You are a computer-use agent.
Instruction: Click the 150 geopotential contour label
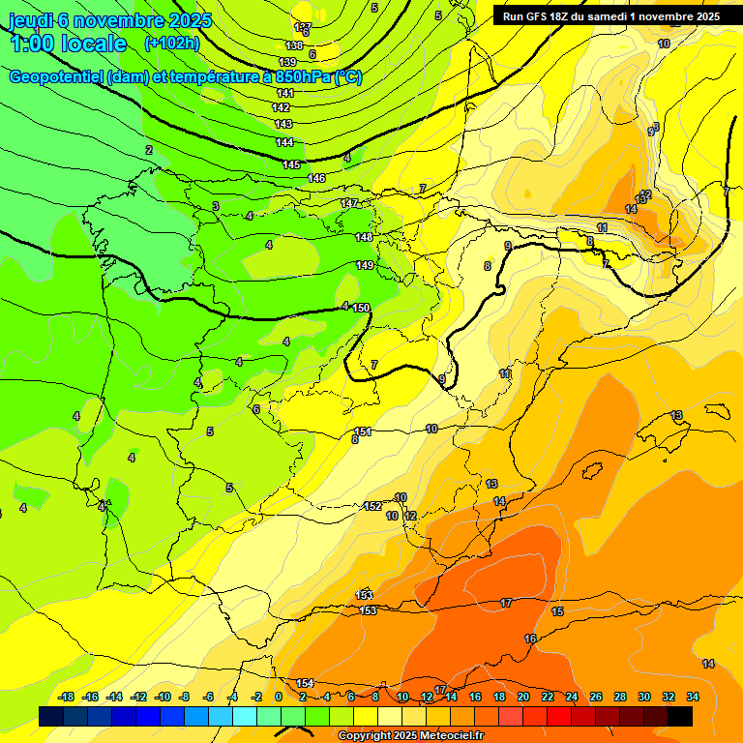[x=361, y=308]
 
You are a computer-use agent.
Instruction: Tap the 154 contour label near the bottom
[x=305, y=684]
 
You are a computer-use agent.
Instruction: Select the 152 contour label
[x=372, y=506]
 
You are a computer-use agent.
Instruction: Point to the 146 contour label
[x=316, y=178]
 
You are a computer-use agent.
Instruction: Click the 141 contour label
[x=284, y=93]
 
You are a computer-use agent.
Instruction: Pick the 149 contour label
[x=365, y=265]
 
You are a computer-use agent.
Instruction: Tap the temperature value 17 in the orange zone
[x=506, y=603]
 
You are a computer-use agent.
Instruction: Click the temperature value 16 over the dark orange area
[x=530, y=639]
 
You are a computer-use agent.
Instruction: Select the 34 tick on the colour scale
[x=693, y=697]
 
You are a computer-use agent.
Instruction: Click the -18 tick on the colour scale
[x=67, y=697]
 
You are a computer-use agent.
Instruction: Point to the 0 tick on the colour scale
[x=278, y=697]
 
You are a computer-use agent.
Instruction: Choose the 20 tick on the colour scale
[x=523, y=697]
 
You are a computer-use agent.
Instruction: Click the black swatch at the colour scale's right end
[x=680, y=716]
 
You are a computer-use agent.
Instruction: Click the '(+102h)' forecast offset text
[x=170, y=44]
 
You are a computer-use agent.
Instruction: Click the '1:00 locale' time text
[x=69, y=44]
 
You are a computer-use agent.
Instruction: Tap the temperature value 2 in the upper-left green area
[x=149, y=150]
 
